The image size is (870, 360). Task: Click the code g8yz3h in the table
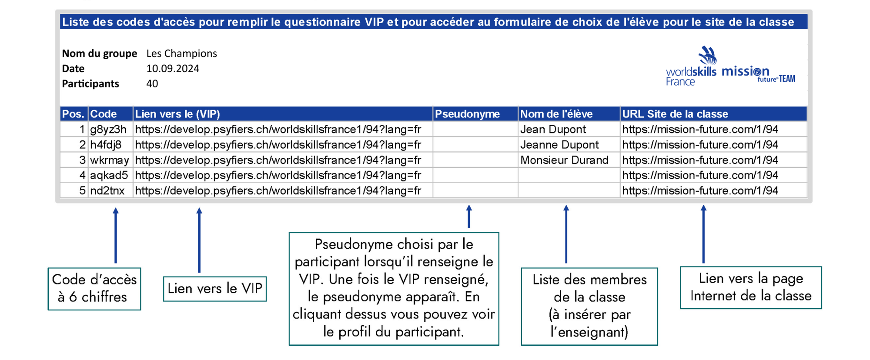tap(108, 130)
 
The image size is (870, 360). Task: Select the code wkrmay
tap(110, 160)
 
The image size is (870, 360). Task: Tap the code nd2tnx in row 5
tap(107, 191)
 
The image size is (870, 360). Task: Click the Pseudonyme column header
tap(467, 114)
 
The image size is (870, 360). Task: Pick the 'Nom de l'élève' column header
tap(556, 114)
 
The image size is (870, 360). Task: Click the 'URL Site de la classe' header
tap(675, 114)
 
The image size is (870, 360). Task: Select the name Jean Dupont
tap(553, 130)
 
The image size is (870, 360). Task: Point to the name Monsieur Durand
tap(564, 160)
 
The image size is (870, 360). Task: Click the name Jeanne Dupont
tap(559, 145)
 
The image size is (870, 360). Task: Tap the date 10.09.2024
tap(173, 69)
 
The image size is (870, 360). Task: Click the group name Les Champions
tap(181, 53)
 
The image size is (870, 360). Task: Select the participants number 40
tap(152, 84)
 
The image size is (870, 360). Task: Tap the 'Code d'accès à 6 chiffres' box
tap(94, 289)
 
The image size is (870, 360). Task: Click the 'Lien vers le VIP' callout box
tap(215, 289)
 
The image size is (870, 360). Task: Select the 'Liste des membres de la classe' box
tap(589, 306)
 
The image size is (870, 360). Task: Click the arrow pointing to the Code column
tap(116, 235)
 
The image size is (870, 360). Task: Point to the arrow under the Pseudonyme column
tap(469, 217)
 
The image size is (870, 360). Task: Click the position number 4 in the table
tap(82, 175)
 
